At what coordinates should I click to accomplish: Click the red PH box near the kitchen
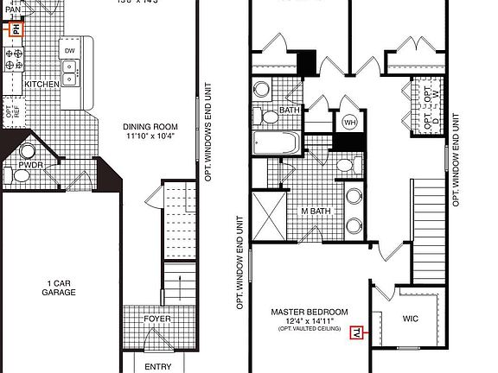pos(14,28)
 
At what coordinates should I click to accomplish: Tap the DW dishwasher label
pos(70,51)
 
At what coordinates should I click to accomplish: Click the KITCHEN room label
pos(41,85)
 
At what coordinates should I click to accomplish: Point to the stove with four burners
pos(15,59)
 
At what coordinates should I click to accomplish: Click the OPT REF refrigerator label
pos(10,111)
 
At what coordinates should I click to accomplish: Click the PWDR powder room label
pos(31,162)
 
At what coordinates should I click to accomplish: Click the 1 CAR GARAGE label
pos(61,288)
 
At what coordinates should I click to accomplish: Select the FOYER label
pos(157,319)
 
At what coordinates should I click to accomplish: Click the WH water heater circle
pos(349,122)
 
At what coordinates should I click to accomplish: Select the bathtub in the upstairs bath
pos(275,142)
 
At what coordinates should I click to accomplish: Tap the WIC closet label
pos(411,319)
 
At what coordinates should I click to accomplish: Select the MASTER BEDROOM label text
pos(310,312)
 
